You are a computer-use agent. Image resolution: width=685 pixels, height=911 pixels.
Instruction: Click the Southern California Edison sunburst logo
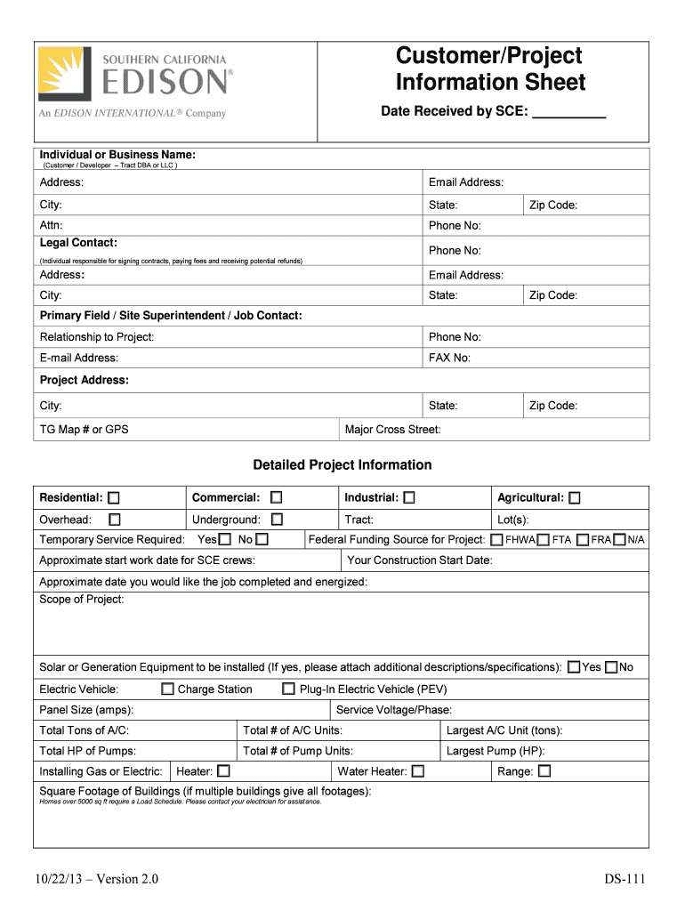(x=64, y=74)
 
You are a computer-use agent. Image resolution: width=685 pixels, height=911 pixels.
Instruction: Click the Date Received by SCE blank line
(x=568, y=114)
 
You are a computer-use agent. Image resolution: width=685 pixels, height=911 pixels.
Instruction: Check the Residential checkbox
(x=115, y=498)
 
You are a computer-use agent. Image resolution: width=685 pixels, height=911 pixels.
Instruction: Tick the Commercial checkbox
(x=277, y=498)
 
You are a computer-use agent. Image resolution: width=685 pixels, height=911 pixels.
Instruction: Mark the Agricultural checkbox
(x=575, y=498)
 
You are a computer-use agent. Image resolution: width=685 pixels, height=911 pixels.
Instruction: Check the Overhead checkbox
(x=115, y=520)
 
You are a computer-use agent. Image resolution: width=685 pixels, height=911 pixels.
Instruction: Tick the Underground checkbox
(x=277, y=520)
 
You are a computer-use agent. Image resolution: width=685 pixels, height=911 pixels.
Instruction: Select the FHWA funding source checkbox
(x=496, y=540)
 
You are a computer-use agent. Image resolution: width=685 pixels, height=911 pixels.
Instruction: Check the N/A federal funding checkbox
(x=620, y=540)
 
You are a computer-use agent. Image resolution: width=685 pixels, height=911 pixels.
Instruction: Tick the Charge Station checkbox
(x=167, y=689)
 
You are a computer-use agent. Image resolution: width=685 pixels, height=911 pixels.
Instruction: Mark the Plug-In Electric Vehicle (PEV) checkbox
(x=288, y=689)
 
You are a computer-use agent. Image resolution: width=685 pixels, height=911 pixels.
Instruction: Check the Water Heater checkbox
(x=418, y=771)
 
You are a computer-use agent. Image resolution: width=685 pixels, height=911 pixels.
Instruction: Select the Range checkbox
(x=544, y=771)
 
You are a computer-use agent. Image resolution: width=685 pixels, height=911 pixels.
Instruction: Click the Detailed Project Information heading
(x=342, y=465)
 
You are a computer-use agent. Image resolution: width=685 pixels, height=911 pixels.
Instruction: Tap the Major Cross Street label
(x=392, y=430)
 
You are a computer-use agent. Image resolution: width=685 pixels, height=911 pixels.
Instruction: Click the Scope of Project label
(x=82, y=600)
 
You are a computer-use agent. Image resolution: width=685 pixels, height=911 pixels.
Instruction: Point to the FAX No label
(x=449, y=358)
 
